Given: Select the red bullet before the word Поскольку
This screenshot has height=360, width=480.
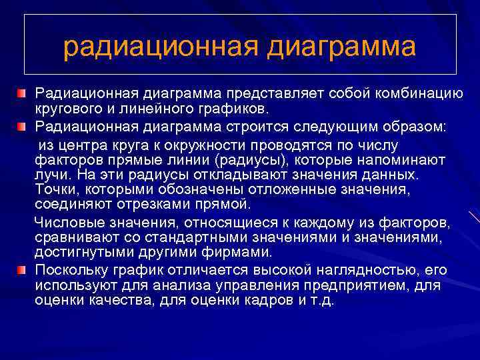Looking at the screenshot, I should (x=23, y=270).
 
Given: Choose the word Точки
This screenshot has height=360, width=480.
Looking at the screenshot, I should (x=54, y=190).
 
